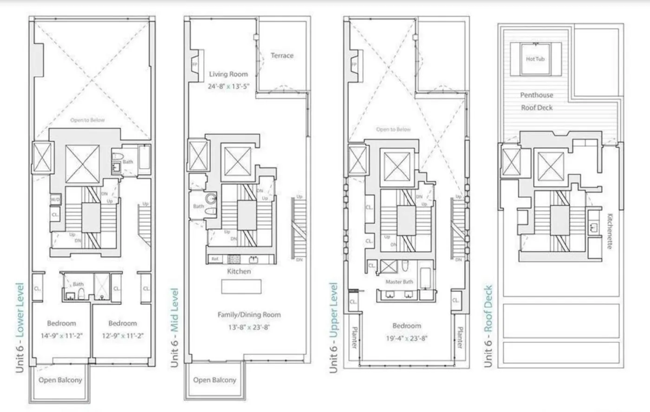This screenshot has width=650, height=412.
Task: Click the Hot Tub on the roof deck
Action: click(535, 59)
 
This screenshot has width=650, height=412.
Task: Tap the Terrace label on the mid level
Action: click(282, 55)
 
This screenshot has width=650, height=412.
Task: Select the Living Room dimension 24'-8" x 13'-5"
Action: click(229, 86)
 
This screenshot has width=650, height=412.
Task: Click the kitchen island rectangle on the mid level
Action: click(241, 287)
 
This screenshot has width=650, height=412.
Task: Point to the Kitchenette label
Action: click(610, 231)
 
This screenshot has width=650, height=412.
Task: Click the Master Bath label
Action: click(399, 282)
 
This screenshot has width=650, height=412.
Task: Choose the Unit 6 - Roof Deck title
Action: click(488, 326)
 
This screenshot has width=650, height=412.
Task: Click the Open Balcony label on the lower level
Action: click(60, 380)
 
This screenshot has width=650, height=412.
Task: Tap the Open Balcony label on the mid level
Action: click(214, 380)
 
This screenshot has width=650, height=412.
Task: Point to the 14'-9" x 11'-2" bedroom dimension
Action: click(61, 336)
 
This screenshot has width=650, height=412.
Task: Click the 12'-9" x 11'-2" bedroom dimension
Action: click(123, 336)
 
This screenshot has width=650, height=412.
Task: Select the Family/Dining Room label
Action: click(249, 314)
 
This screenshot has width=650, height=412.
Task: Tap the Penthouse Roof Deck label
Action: click(536, 101)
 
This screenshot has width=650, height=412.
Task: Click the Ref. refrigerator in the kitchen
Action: click(215, 259)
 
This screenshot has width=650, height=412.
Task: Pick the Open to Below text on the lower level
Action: click(87, 120)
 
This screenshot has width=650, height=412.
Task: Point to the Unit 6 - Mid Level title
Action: click(174, 327)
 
